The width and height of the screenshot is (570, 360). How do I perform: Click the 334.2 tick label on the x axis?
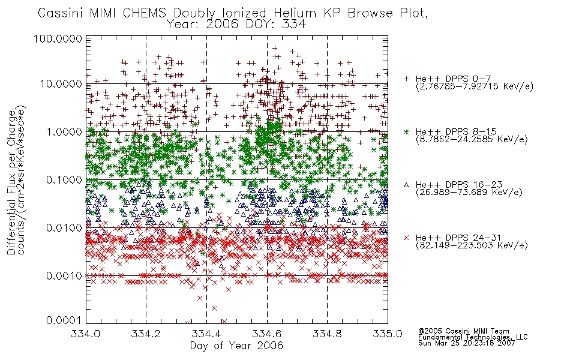click(146, 334)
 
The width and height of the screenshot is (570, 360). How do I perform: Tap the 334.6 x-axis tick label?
click(267, 334)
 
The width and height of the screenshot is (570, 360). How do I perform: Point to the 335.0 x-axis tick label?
click(388, 334)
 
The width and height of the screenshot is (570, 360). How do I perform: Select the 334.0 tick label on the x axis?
click(86, 334)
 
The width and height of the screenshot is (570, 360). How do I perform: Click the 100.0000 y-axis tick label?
click(58, 38)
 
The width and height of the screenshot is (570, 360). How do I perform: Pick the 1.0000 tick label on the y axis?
click(64, 131)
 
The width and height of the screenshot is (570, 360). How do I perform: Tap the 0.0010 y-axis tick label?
click(64, 275)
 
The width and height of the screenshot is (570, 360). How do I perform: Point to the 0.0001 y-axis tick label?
click(64, 320)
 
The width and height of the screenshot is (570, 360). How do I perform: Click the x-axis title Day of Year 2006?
click(236, 346)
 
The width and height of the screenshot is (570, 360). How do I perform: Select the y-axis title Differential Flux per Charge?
click(11, 183)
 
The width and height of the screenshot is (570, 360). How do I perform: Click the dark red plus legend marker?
click(406, 79)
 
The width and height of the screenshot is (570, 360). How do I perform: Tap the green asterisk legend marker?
click(406, 131)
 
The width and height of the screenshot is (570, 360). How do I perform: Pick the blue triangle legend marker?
click(406, 185)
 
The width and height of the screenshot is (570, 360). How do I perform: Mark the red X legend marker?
click(406, 238)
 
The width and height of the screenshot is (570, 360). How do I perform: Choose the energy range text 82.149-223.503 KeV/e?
click(472, 245)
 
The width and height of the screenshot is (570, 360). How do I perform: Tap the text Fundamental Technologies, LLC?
click(473, 337)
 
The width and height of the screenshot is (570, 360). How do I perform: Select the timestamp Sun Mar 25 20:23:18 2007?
click(466, 343)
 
